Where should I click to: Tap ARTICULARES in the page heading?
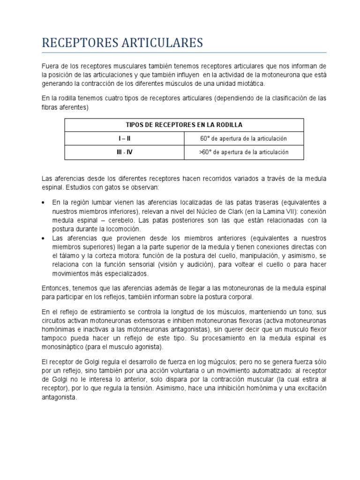click(x=163, y=43)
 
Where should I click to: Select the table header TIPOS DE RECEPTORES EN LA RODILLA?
click(x=184, y=125)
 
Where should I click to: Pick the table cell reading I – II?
click(x=124, y=138)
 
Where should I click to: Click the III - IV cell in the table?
click(x=124, y=152)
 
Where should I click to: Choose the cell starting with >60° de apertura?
click(x=243, y=152)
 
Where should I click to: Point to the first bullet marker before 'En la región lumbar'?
click(x=44, y=203)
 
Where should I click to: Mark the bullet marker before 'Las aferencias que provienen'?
click(x=44, y=238)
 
